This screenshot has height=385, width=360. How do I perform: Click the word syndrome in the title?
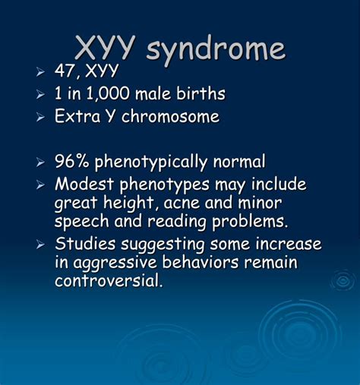click(216, 49)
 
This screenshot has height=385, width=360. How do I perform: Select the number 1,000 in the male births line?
click(108, 93)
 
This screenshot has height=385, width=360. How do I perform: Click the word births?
click(201, 93)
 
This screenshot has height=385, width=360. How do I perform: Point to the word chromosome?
click(170, 116)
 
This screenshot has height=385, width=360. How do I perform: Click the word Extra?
click(77, 116)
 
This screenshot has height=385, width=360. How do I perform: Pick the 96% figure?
click(72, 161)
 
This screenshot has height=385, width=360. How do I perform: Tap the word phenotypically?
click(151, 163)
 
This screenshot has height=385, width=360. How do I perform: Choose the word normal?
click(239, 161)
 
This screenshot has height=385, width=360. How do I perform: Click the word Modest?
click(84, 184)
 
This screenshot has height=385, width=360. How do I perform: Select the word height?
click(129, 204)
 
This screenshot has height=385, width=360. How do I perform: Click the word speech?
click(81, 222)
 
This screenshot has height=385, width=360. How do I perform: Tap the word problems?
click(250, 222)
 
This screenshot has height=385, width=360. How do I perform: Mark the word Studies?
click(85, 244)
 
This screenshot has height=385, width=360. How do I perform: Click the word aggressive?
click(115, 264)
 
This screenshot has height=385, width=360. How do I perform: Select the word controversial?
click(108, 280)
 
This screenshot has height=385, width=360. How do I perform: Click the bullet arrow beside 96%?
click(40, 163)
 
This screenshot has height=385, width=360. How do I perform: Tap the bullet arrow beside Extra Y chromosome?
click(40, 117)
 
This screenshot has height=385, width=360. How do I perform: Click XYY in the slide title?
click(104, 46)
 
